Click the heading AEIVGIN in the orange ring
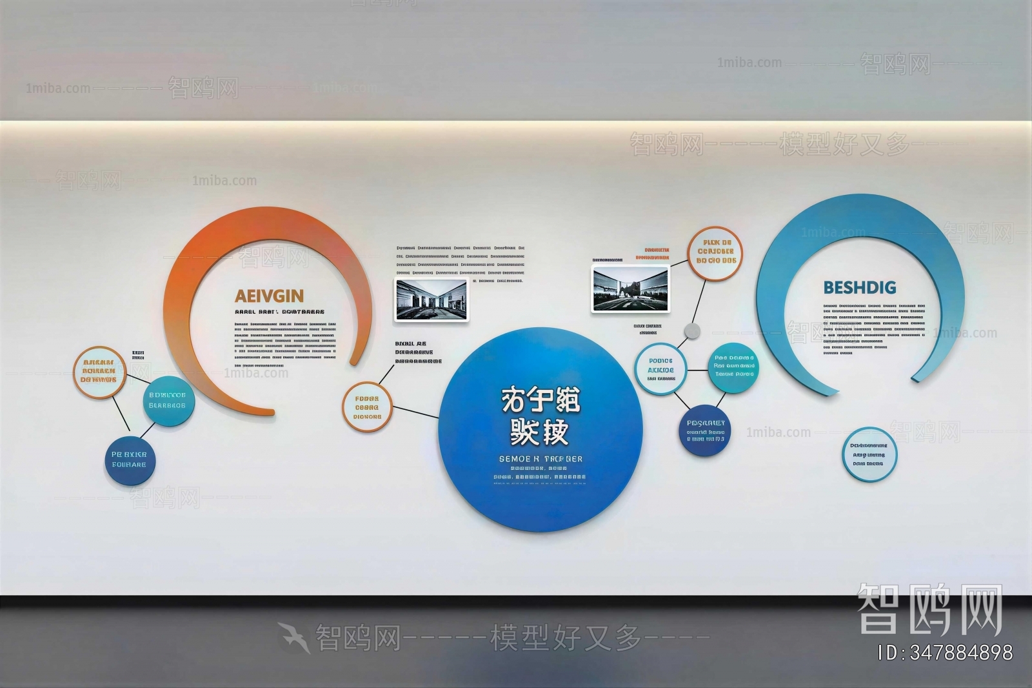click(x=269, y=296)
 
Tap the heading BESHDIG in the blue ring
click(x=860, y=287)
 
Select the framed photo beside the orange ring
click(x=432, y=299)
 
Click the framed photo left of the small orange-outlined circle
click(x=631, y=288)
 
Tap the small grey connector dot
click(x=691, y=331)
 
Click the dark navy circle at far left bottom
click(x=129, y=460)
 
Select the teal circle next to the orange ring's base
click(x=168, y=400)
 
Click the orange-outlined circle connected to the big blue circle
click(x=367, y=407)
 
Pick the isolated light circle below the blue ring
click(x=869, y=454)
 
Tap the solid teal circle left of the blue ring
click(x=733, y=366)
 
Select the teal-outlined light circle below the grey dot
click(x=660, y=370)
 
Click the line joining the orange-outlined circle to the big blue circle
click(x=415, y=412)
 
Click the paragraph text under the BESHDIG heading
click(x=874, y=329)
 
